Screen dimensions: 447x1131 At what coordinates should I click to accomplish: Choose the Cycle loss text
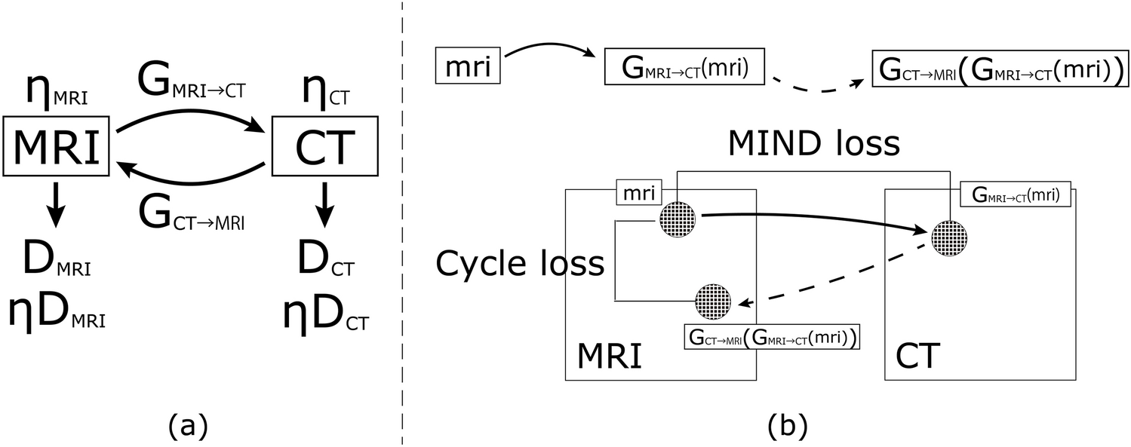point(521,263)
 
